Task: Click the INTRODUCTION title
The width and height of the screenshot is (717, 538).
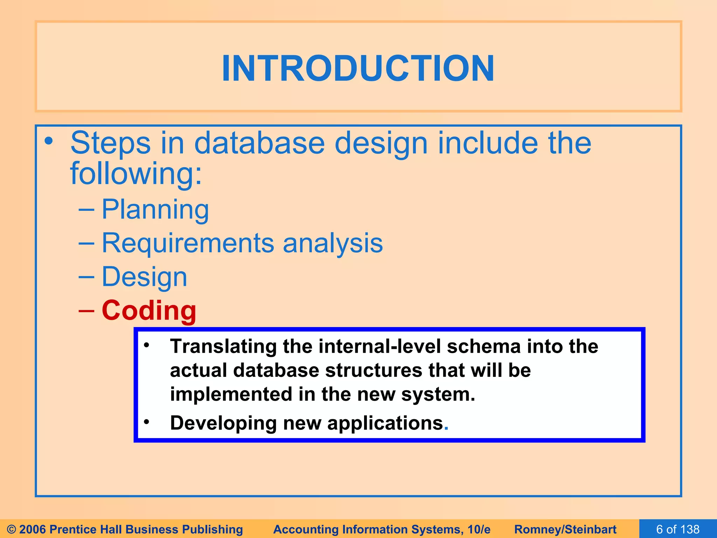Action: (x=358, y=68)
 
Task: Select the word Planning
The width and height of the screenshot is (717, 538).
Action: (x=155, y=209)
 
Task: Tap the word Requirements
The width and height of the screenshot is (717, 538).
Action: (x=188, y=243)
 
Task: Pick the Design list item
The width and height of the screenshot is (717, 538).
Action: (x=144, y=277)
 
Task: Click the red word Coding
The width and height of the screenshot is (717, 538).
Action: (x=149, y=311)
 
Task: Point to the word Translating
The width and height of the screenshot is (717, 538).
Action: (x=223, y=346)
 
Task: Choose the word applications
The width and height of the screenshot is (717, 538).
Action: (x=385, y=423)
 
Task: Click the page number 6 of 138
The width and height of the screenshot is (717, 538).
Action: (x=678, y=529)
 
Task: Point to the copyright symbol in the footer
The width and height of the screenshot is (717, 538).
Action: (x=12, y=529)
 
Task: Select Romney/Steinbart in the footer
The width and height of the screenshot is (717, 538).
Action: (x=565, y=529)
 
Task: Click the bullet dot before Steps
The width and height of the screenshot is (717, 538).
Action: (x=49, y=142)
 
